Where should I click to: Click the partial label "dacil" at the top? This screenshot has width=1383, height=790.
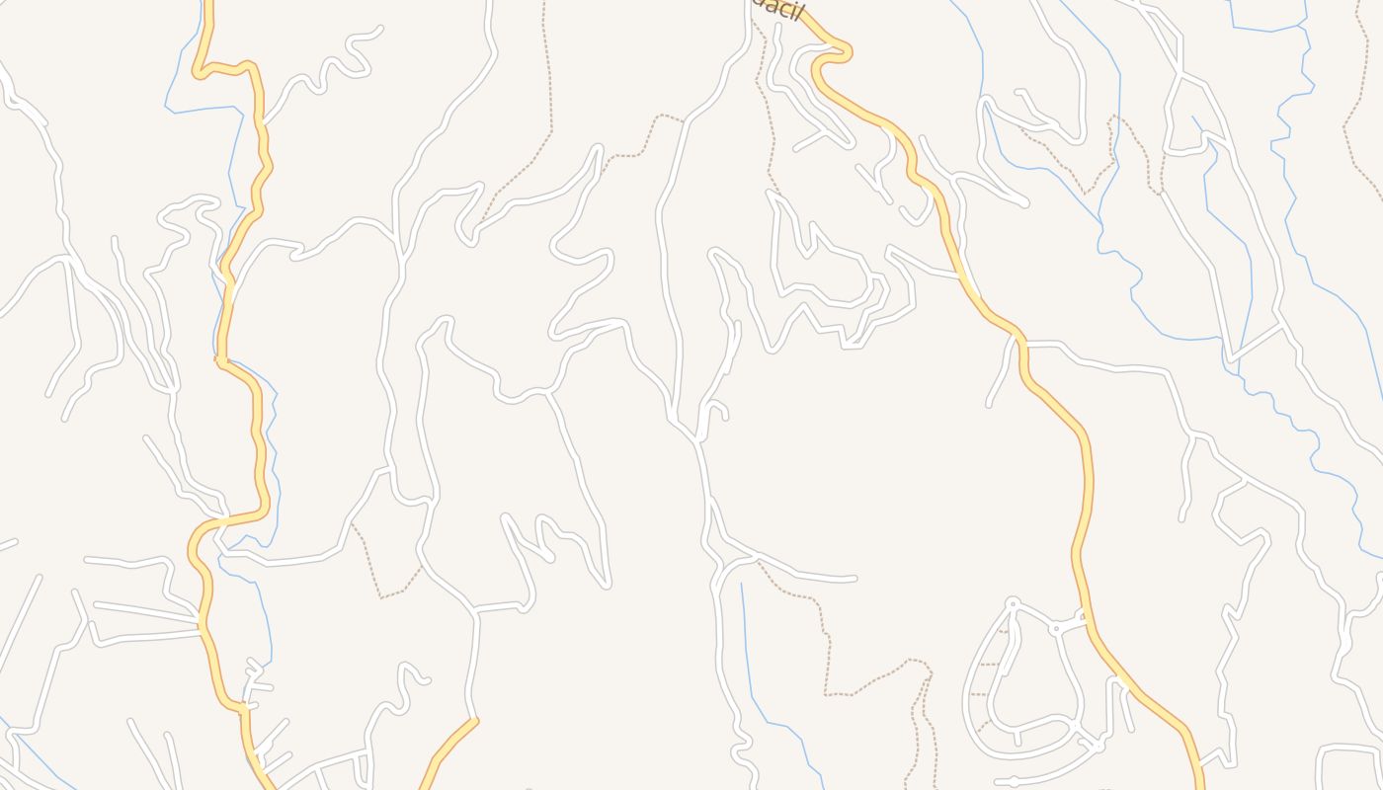pos(776,10)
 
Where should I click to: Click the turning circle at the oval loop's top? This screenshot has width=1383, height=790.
pos(1012,602)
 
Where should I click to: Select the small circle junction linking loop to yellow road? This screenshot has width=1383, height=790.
pos(1055,628)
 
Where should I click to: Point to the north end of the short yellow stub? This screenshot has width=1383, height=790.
pos(475,722)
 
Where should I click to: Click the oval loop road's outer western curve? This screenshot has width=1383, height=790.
pos(968,681)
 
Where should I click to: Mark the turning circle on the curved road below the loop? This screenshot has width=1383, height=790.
pos(1015,781)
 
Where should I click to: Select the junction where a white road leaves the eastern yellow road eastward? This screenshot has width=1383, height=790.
pos(1023,345)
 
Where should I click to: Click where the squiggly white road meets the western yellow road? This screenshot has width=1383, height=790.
pos(263,123)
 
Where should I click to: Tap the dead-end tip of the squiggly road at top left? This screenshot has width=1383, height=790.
pos(379,30)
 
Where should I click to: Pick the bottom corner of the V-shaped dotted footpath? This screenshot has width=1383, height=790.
pos(381,596)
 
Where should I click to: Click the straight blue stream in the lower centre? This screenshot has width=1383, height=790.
pos(747,642)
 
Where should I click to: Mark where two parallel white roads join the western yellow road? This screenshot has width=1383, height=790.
pos(202,622)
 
